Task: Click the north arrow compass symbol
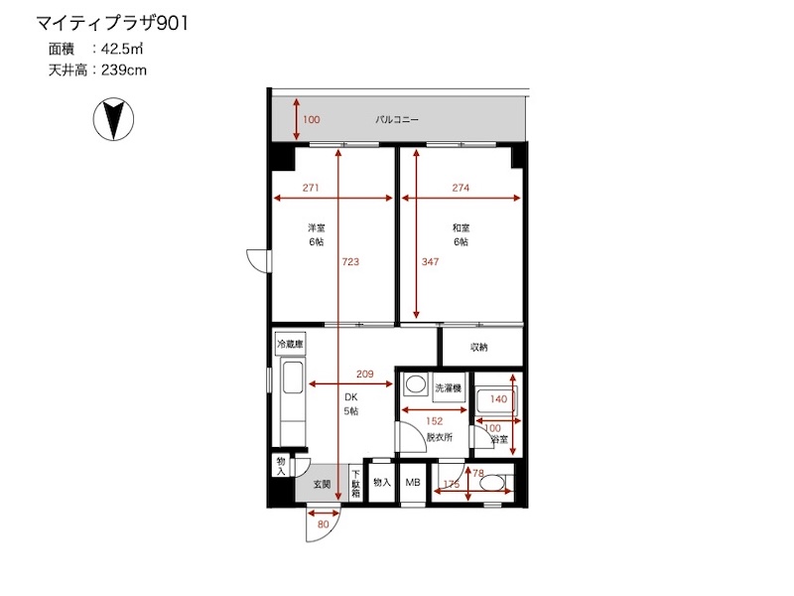coord(113,119)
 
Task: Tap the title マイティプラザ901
coord(112,23)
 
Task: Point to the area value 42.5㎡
coord(122,49)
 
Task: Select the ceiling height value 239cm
coord(124,70)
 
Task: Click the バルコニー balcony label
coord(397,119)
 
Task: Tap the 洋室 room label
coord(317,228)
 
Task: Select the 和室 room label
coord(461,228)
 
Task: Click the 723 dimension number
coord(350,261)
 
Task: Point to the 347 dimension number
coord(430,261)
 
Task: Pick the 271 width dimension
coord(311,188)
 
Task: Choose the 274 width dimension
coord(461,188)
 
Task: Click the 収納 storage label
coord(479,347)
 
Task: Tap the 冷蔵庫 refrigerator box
coord(290,345)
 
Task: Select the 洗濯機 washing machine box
coord(449,388)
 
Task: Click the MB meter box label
coord(413,483)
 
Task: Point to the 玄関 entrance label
coord(322,485)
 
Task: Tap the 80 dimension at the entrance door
coord(324,524)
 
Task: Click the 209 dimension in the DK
coord(364,374)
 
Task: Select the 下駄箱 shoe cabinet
coord(355,483)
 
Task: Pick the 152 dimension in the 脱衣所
coord(435,420)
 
